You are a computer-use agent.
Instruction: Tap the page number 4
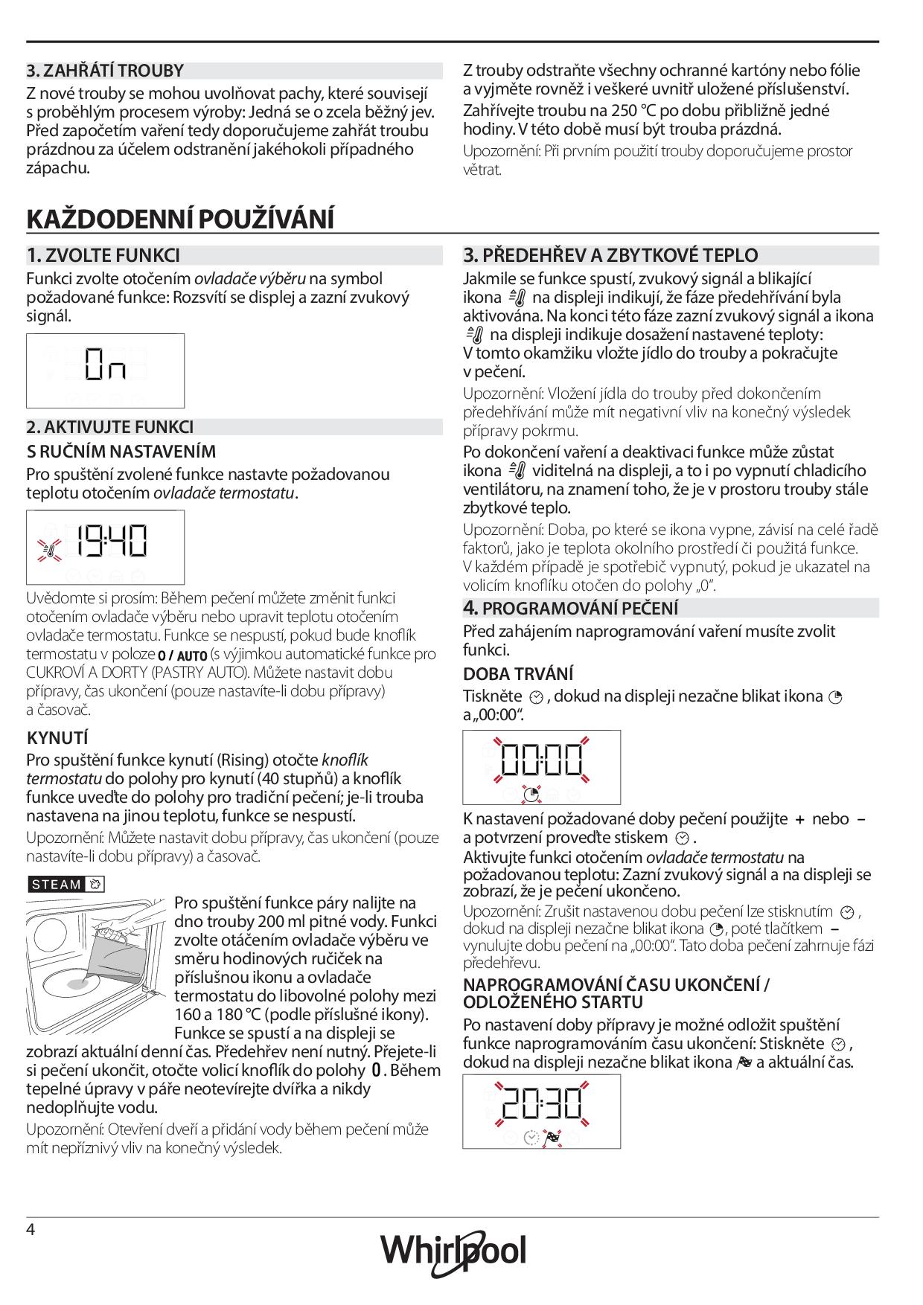point(31,1229)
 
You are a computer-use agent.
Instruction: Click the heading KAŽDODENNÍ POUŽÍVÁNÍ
point(180,219)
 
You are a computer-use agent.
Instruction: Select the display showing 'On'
point(105,371)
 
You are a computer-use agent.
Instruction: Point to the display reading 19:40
point(105,547)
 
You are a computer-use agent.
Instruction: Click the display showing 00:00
point(541,766)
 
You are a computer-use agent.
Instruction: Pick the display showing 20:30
point(541,1111)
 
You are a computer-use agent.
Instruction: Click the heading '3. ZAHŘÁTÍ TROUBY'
point(105,71)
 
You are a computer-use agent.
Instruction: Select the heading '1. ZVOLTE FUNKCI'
point(103,255)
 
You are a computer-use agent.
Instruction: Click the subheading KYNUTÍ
point(57,738)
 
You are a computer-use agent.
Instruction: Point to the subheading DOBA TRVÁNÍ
point(518,674)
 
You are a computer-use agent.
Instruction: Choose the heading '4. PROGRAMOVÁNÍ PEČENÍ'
point(571,608)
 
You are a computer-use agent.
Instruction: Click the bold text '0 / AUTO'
point(182,655)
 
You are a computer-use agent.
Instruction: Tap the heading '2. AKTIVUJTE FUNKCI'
point(110,427)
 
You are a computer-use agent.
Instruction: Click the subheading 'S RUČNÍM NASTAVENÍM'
point(121,452)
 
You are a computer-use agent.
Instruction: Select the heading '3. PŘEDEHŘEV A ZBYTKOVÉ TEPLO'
point(610,255)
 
